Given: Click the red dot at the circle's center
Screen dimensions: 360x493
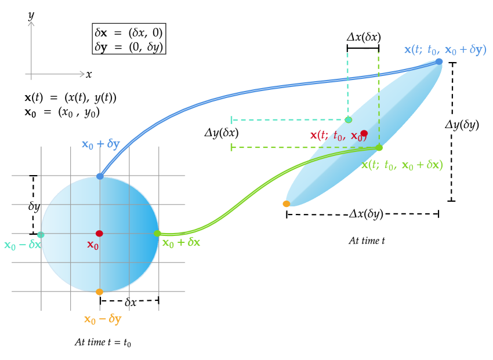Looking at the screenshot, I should (99, 234).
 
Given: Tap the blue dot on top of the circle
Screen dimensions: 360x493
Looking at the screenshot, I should (100, 176).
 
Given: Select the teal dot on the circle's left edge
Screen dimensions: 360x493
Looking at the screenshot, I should (41, 235).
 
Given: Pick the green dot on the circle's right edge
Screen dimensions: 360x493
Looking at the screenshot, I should (157, 233).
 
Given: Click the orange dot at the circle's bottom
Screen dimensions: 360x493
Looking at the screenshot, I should (99, 292).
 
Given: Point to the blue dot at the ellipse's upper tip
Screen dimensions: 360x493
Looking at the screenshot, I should (439, 61).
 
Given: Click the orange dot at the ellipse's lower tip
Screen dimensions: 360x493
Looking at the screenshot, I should (286, 203).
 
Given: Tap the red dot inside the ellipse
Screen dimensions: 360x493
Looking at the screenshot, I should (364, 133).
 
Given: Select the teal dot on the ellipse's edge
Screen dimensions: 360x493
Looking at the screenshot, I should (348, 120).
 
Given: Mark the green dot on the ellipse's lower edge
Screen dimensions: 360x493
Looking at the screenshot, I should (379, 147).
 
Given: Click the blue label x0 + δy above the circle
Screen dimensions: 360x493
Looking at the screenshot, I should (100, 144).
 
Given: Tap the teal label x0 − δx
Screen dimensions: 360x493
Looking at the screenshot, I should (23, 245).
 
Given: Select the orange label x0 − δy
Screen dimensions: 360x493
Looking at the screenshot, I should (103, 319).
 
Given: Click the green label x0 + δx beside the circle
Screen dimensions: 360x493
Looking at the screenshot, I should (181, 243).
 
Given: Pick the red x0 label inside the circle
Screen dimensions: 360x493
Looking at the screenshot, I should (93, 245).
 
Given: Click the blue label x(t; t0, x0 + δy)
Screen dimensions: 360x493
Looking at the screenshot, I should (445, 50).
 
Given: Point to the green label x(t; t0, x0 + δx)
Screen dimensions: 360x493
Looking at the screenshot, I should (403, 165).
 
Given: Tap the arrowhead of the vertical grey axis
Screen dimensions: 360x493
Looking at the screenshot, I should (31, 23).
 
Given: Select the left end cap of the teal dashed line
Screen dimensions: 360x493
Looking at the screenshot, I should (232, 120).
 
